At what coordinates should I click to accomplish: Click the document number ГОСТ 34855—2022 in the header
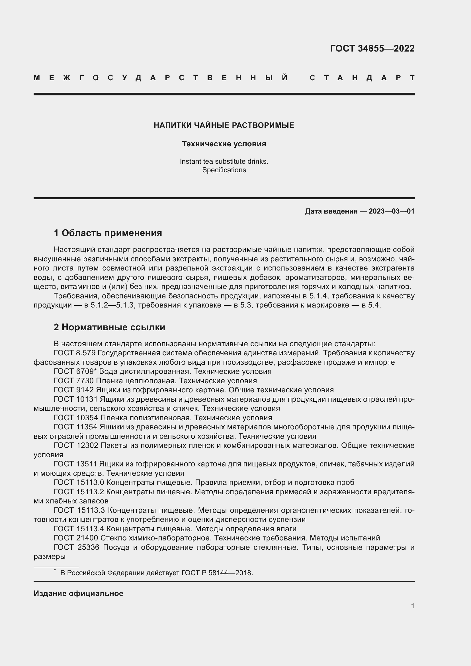click(372, 48)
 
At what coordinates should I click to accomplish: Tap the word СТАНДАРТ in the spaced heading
click(362, 78)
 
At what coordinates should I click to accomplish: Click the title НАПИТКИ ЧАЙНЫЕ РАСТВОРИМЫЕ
click(224, 125)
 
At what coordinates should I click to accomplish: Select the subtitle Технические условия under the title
click(224, 144)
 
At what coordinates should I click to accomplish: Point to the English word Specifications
click(224, 170)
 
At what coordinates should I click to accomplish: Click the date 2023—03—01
click(392, 211)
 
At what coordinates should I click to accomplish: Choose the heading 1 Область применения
click(108, 233)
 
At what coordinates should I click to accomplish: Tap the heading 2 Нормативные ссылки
click(109, 327)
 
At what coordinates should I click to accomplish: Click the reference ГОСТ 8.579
click(75, 353)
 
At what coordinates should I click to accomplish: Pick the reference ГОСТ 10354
click(76, 418)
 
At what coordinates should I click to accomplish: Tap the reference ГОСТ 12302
click(76, 445)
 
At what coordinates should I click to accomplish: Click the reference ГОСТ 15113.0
click(79, 482)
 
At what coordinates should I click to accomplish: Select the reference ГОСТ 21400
click(76, 538)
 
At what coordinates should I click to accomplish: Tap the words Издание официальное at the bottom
click(78, 593)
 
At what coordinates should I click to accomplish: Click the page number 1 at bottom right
click(412, 606)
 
